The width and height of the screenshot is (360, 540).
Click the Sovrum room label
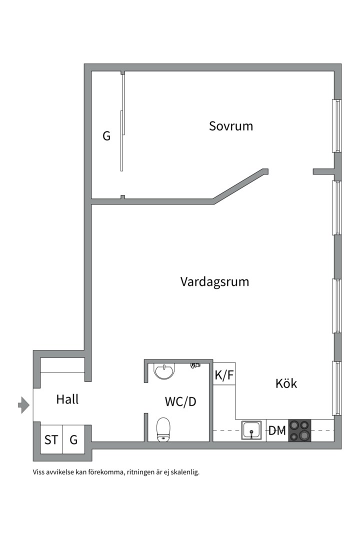coord(230,126)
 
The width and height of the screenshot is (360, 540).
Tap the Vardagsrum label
coord(214,281)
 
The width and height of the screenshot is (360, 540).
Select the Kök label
coord(286,383)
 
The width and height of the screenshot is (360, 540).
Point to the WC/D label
coord(180,401)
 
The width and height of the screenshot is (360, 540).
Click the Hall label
coord(67,399)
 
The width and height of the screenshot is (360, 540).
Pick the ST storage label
coord(51,440)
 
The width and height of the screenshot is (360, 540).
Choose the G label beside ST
coord(73,440)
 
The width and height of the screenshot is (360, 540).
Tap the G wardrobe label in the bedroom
coord(106,135)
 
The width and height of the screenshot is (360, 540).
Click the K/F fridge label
coord(224,375)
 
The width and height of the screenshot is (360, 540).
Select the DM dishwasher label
coord(277,430)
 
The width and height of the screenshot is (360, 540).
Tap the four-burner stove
coord(299,430)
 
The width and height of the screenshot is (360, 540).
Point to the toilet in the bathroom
coord(163,429)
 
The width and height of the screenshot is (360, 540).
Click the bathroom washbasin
coord(164,371)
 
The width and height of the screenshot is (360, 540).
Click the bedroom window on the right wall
coord(337,125)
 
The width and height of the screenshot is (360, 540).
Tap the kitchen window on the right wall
coord(337,388)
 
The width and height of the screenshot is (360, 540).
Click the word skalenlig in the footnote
coord(185,471)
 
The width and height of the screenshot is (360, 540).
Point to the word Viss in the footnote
coord(39,471)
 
